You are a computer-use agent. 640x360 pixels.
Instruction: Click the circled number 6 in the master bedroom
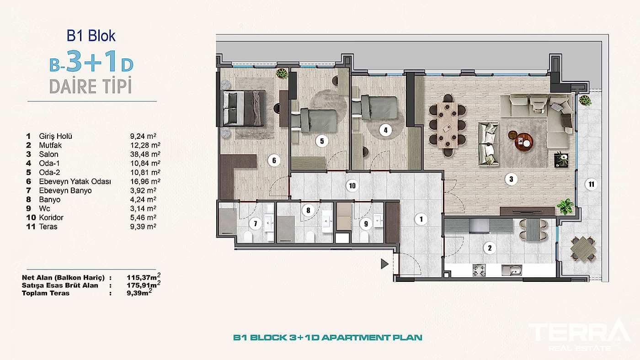[x=274, y=160]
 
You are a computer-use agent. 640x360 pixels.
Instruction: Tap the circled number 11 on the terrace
[x=592, y=184]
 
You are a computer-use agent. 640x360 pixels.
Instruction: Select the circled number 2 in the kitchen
[x=490, y=248]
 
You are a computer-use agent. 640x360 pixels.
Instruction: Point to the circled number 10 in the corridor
[x=352, y=186]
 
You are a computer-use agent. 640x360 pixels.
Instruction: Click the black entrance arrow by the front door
[x=384, y=264]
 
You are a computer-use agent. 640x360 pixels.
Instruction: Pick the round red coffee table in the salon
[x=524, y=142]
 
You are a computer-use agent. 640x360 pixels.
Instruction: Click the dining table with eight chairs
[x=448, y=125]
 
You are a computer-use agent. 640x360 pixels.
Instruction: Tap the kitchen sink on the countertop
[x=512, y=270]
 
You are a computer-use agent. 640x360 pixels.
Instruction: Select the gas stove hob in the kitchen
[x=479, y=270]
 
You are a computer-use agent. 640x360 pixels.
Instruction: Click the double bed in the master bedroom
[x=244, y=108]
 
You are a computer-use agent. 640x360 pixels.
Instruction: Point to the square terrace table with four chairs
[x=583, y=249]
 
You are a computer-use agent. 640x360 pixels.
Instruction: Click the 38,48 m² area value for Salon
[x=145, y=154]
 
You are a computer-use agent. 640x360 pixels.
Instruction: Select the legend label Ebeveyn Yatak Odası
[x=75, y=181]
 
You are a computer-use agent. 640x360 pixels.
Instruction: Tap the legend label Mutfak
[x=50, y=145]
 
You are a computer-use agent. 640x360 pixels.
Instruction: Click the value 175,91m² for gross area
[x=144, y=285]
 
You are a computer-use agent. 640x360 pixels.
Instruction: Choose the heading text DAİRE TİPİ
[x=91, y=86]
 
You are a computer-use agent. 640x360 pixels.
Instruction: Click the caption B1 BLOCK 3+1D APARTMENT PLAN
[x=328, y=338]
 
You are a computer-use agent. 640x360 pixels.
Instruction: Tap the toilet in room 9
[x=364, y=237]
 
